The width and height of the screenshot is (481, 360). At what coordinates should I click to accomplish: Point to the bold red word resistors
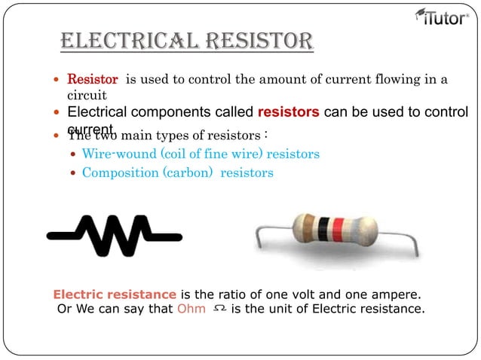click(x=289, y=113)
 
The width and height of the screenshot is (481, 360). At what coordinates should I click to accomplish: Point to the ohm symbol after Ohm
click(x=219, y=309)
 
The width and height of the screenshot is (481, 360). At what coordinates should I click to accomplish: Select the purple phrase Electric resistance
click(x=115, y=294)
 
